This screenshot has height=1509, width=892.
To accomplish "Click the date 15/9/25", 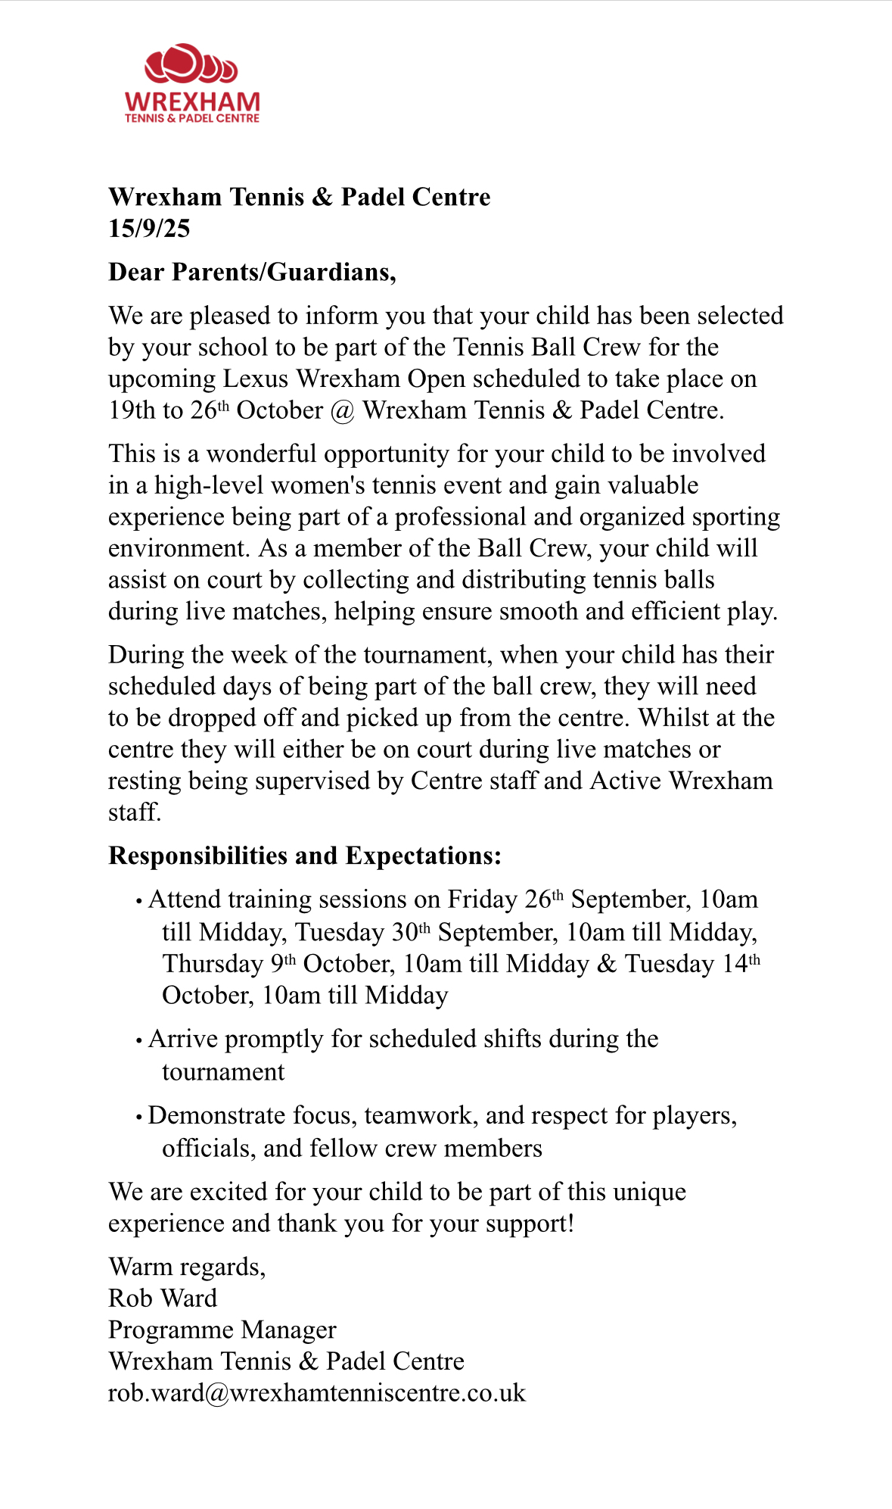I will click(x=149, y=229).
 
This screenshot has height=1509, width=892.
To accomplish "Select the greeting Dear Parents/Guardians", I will click(x=252, y=272).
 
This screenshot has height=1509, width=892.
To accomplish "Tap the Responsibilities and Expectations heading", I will click(x=305, y=856).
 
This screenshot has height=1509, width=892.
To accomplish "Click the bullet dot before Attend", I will click(x=139, y=901).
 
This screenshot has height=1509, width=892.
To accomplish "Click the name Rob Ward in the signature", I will click(x=163, y=1299).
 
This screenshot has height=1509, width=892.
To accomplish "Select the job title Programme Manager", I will click(x=222, y=1330).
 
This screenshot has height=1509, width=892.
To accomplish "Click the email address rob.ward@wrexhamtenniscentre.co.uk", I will click(x=316, y=1393).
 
